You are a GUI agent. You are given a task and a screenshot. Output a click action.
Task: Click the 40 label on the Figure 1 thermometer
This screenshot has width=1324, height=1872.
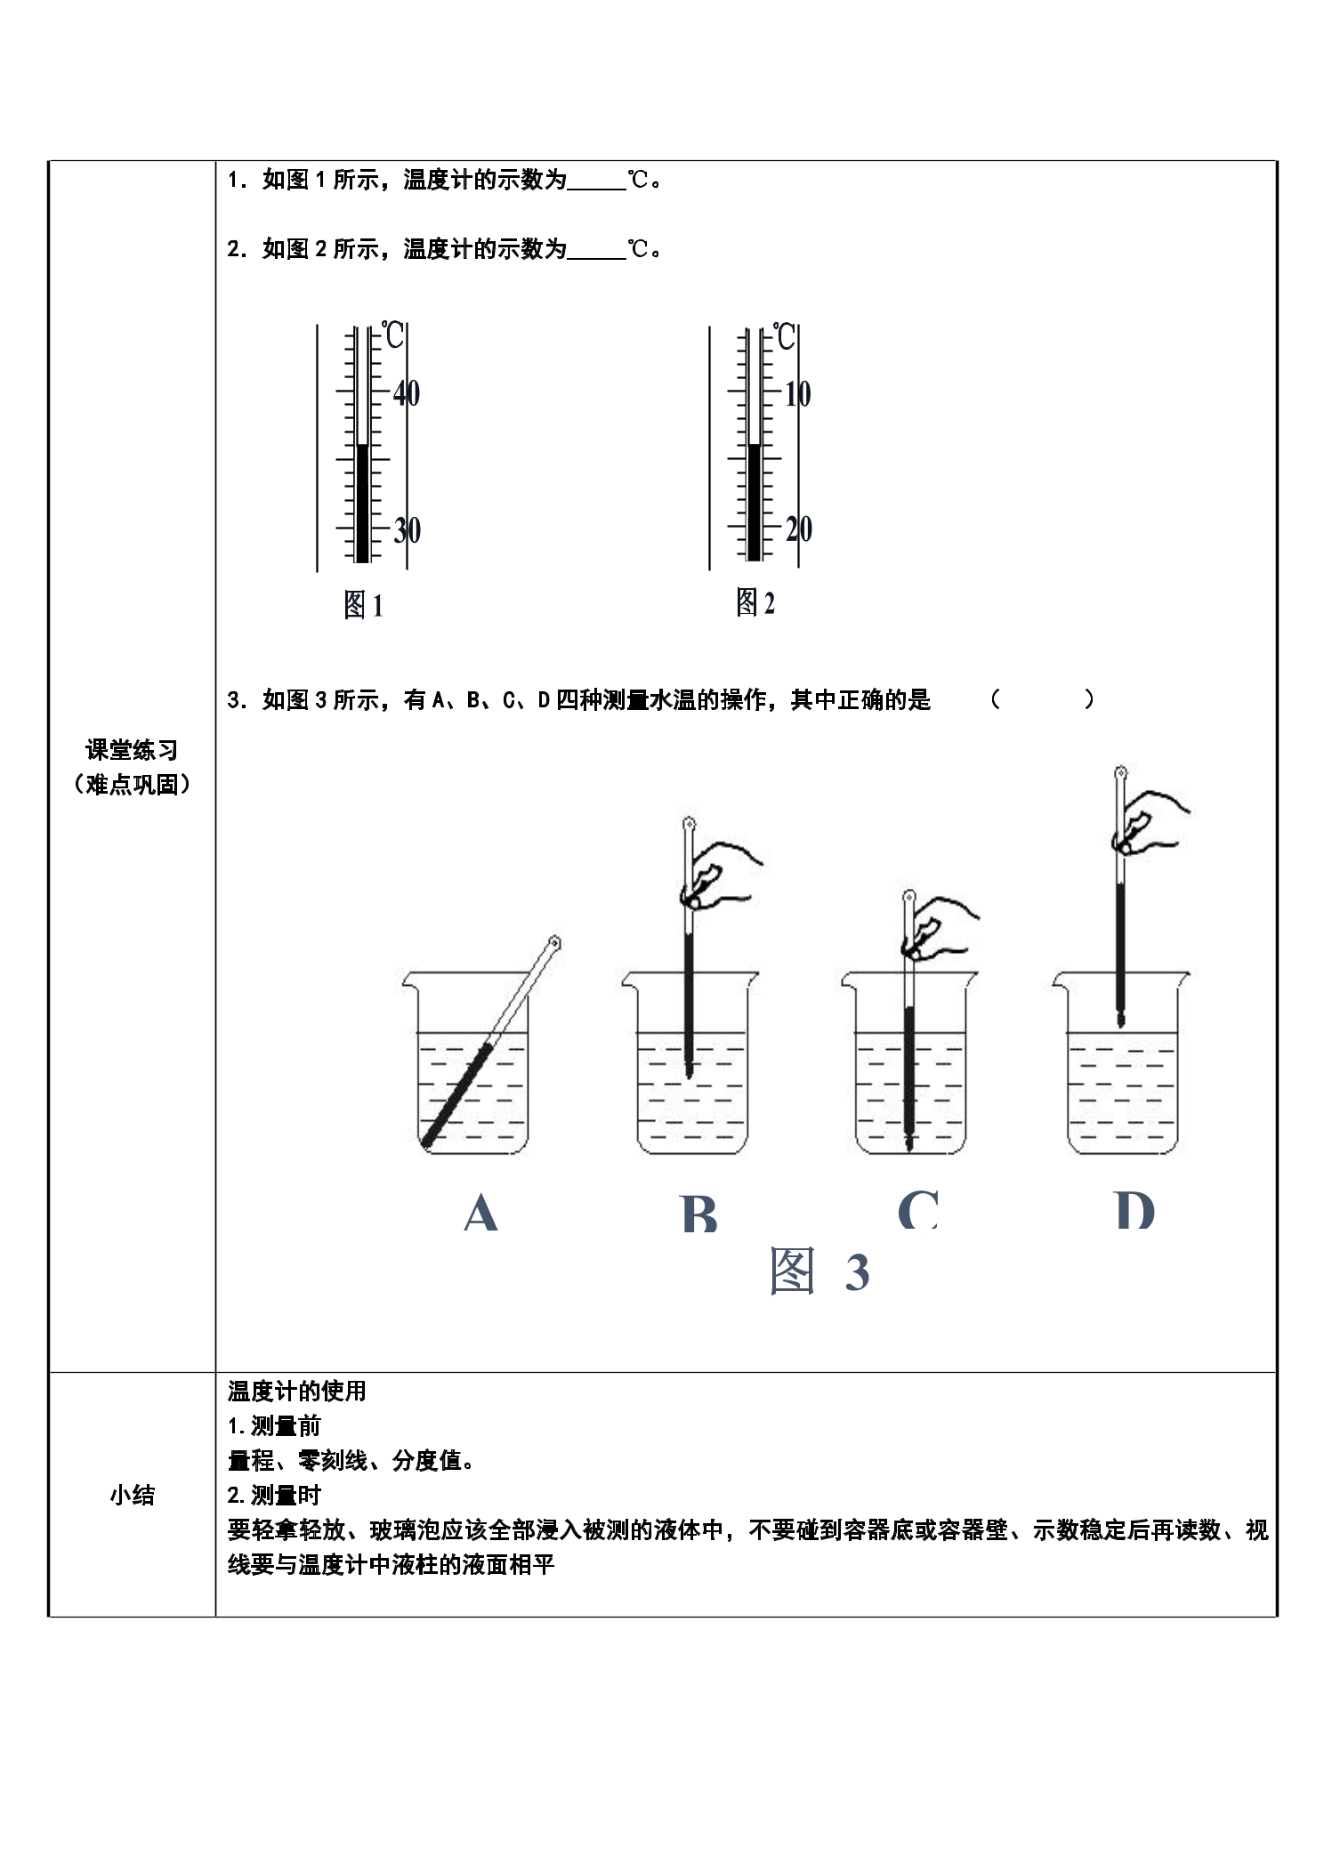407,392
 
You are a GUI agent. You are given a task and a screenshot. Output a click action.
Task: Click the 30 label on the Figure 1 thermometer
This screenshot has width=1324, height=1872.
407,530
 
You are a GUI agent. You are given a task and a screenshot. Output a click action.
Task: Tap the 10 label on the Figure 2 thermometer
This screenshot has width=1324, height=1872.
797,393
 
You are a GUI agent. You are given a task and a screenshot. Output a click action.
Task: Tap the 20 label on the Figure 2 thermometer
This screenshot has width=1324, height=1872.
799,529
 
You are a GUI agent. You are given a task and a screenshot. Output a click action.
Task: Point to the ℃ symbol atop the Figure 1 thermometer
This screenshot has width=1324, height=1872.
392,335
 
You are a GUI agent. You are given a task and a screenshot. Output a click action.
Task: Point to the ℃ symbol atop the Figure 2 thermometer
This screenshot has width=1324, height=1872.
784,336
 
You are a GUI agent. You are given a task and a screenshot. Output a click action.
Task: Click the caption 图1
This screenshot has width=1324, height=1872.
363,605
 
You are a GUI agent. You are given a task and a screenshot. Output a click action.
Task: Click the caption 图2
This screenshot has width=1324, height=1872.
755,602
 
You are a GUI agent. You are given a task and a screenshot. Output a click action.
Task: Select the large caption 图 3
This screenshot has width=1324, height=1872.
819,1271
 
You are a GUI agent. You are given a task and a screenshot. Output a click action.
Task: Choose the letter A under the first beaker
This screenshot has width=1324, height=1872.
480,1212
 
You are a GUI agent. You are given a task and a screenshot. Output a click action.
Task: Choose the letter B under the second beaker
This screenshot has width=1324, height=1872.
698,1212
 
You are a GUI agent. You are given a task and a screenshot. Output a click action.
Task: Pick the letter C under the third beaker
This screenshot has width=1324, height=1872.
918,1209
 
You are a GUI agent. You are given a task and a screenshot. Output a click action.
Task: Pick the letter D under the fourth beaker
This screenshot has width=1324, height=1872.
1134,1210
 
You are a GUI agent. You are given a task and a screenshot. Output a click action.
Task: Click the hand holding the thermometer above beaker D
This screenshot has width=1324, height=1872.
1150,820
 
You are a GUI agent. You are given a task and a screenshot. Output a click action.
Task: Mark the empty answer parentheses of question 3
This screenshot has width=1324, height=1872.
1042,699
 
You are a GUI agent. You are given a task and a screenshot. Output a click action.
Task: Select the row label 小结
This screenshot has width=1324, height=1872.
132,1495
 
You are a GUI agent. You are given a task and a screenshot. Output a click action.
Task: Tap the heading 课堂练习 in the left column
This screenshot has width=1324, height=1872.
132,750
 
